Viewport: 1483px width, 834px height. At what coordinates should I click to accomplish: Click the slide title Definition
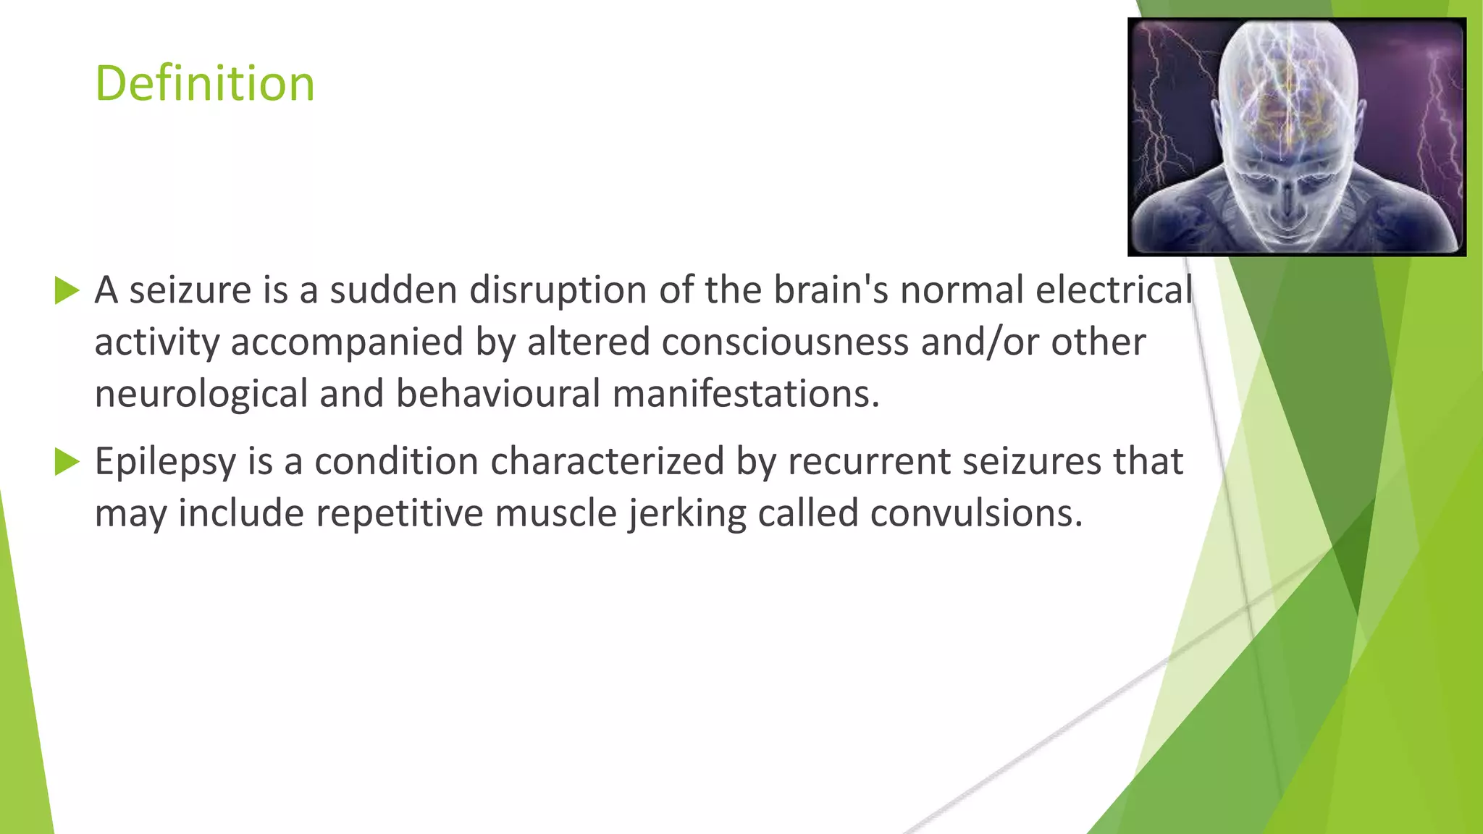[205, 83]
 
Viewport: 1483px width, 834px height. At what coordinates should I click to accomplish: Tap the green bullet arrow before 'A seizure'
[67, 290]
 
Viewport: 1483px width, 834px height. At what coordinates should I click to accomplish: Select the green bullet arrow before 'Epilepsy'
[67, 461]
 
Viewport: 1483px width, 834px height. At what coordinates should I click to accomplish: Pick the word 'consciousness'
[784, 342]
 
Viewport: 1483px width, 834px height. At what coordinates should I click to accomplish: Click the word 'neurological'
[201, 395]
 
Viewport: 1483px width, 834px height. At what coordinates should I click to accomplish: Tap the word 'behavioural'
[497, 395]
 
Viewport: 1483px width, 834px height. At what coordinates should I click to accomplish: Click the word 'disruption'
[558, 290]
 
